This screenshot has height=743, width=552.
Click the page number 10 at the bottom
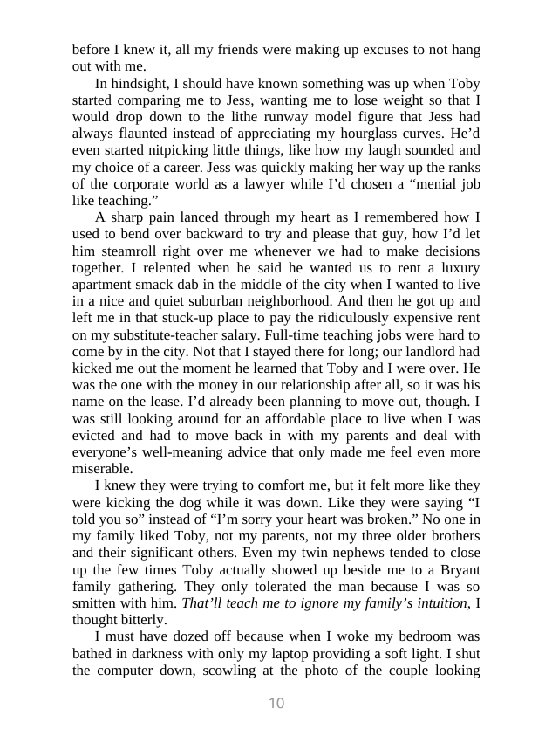tap(276, 704)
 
